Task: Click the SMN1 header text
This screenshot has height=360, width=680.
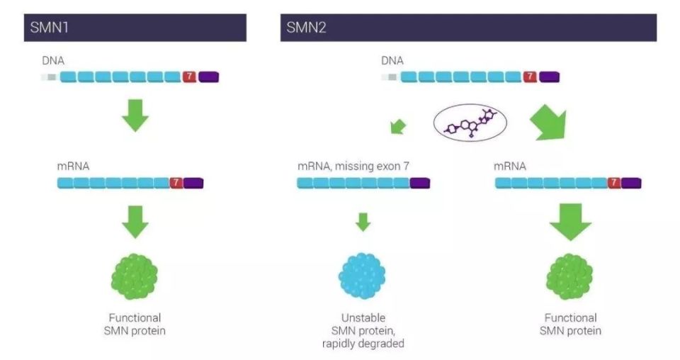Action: click(49, 28)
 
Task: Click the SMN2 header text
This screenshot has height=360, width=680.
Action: click(306, 28)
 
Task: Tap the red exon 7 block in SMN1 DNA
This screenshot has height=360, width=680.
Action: click(189, 77)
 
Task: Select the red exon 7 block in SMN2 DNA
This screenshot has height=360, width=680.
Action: click(530, 77)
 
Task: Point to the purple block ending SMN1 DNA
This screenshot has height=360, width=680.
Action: click(208, 77)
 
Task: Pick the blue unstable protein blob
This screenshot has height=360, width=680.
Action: click(362, 276)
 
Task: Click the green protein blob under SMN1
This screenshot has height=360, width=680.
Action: click(135, 276)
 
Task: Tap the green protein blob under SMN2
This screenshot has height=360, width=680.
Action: click(569, 276)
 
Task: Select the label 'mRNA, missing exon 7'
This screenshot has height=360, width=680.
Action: click(353, 166)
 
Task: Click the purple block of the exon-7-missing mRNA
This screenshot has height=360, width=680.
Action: click(420, 183)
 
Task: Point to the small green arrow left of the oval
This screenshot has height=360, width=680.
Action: click(398, 127)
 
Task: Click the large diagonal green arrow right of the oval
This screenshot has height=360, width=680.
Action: click(549, 123)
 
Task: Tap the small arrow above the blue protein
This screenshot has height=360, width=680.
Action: click(363, 222)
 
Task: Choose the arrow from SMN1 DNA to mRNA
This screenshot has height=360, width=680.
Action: click(135, 116)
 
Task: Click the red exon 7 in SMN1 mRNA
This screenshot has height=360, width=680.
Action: click(176, 183)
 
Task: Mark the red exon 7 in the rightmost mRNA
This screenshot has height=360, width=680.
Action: click(613, 183)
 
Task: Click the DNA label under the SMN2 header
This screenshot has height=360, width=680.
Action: click(392, 61)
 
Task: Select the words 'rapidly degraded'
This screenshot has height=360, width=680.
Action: click(363, 344)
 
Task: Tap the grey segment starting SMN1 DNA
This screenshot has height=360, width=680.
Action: click(50, 77)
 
